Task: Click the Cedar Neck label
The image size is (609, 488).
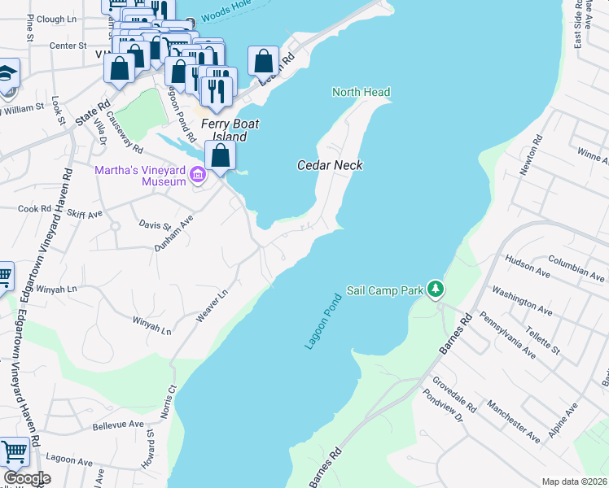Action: pos(330,165)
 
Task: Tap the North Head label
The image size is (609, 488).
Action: pos(361,93)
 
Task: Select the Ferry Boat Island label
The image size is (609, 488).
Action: pos(224,130)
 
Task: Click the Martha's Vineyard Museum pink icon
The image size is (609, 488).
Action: pos(197,175)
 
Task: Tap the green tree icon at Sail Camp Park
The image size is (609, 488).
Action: pos(436,289)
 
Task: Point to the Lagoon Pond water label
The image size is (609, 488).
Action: pos(322,321)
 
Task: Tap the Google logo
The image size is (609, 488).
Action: pos(27,478)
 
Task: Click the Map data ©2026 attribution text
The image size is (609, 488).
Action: pos(574,481)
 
